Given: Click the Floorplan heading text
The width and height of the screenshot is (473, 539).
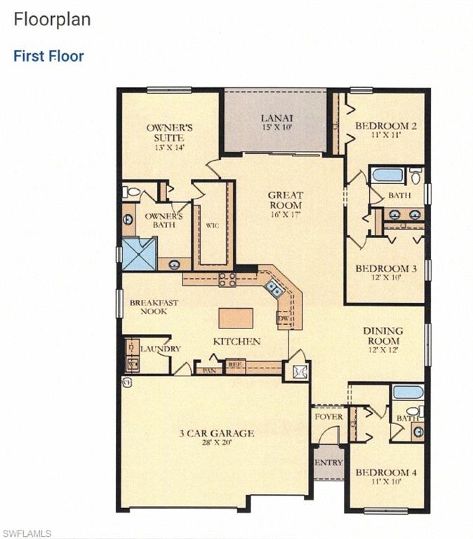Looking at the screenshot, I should pos(52,19).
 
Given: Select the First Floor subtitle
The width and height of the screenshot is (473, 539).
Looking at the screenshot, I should pos(48,56).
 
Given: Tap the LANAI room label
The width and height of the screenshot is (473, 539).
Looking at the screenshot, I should pos(277,118).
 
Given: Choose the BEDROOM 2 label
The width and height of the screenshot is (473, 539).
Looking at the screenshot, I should pos(385,126).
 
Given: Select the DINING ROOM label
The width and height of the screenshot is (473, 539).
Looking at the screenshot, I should pos(382,335).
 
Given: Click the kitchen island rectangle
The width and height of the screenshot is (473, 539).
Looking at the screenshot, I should pos(235,318).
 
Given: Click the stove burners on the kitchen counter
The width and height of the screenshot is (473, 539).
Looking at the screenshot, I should pos(227,279).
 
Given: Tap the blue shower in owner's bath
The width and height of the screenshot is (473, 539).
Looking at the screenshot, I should pos(140,254).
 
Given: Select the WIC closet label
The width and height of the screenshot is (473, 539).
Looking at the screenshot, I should pos(213,226).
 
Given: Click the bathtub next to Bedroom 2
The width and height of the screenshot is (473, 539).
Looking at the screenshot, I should pos(387,175).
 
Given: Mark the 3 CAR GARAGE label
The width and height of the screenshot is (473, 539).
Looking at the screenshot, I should pos(216,433).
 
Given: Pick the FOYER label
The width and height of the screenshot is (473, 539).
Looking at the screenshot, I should pos(328,417).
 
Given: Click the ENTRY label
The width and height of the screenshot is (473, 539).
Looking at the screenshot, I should pos(328,463).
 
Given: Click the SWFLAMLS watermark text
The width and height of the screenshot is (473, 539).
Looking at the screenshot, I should pos(27,533).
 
